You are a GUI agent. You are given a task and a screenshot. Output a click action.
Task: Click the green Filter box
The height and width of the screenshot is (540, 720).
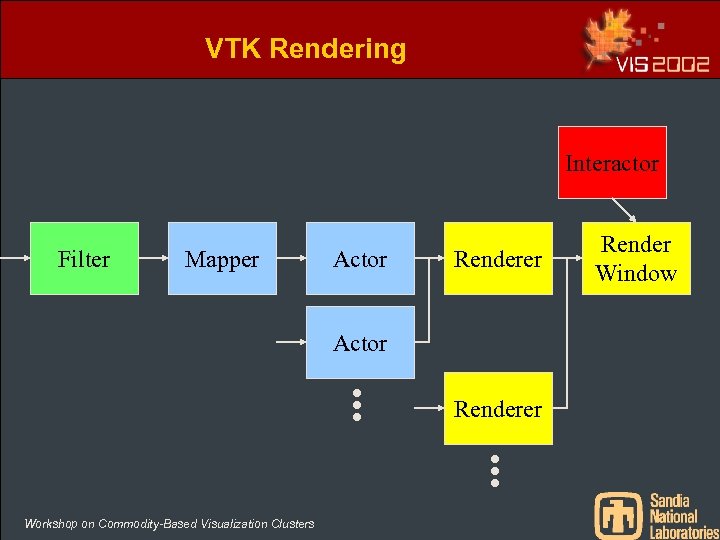[x=84, y=259]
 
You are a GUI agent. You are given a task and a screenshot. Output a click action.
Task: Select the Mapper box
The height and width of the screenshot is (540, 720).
[x=222, y=259]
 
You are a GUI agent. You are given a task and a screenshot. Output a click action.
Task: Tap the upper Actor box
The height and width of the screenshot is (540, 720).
[x=360, y=259]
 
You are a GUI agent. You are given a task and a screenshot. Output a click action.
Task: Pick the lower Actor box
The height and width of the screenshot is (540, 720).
[x=360, y=343]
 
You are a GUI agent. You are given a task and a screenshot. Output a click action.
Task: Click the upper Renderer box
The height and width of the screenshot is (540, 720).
[x=498, y=259]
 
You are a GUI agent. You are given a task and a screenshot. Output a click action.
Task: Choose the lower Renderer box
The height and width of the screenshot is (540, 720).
[x=498, y=408]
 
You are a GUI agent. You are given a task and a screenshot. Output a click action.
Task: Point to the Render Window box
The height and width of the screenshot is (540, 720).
[x=636, y=258]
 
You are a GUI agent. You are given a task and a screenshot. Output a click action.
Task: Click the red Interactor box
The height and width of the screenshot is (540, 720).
[x=612, y=162]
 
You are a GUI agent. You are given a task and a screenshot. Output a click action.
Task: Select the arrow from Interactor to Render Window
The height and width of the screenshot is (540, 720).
[x=625, y=210]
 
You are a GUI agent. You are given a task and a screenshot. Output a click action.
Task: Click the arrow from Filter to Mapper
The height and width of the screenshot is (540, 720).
[x=153, y=259]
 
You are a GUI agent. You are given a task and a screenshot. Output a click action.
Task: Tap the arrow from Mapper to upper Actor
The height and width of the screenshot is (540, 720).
[x=291, y=259]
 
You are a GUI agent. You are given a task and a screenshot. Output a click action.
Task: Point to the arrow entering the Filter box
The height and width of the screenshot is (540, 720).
[x=15, y=259]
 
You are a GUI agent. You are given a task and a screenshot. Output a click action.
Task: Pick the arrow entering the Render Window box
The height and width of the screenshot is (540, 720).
[x=568, y=259]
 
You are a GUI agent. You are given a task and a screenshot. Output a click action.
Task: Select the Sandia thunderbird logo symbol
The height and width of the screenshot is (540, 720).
[x=619, y=514]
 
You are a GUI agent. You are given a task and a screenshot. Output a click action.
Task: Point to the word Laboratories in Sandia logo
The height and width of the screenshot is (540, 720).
[x=684, y=532]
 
